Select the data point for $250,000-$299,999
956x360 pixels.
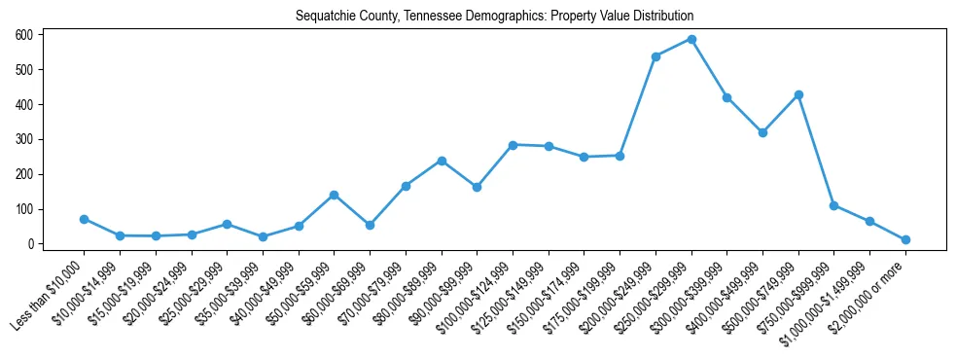coord(691,39)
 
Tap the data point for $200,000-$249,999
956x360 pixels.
coord(655,56)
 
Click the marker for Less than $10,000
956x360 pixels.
coord(84,219)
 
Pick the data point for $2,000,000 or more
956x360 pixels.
coord(905,239)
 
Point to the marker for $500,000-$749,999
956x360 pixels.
coord(798,94)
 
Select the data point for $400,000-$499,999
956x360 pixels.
coord(762,132)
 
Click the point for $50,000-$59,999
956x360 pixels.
coord(334,195)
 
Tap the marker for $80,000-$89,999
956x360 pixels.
coord(442,161)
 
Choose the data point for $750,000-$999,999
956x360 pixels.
coord(834,205)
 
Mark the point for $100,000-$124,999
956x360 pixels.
coord(513,144)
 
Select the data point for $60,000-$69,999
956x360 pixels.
coord(370,225)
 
